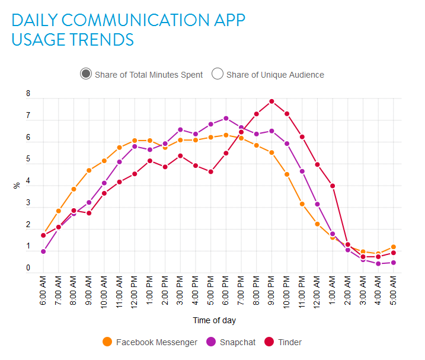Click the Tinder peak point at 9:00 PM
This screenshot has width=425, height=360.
(271, 101)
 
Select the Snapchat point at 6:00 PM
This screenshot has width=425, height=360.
(226, 119)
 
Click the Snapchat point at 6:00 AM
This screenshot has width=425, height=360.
(43, 251)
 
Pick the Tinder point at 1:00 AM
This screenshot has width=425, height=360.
(333, 186)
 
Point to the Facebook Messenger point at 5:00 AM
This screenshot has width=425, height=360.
(393, 247)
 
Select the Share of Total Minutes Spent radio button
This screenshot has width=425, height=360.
(86, 74)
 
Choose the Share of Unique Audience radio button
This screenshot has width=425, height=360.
(218, 74)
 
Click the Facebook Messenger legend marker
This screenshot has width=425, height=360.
(107, 342)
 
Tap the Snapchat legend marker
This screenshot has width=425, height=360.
(211, 342)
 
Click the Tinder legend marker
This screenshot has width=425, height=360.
(269, 342)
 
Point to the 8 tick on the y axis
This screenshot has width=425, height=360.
(28, 94)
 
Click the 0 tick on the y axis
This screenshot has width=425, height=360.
(28, 269)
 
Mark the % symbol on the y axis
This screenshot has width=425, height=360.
(17, 185)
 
